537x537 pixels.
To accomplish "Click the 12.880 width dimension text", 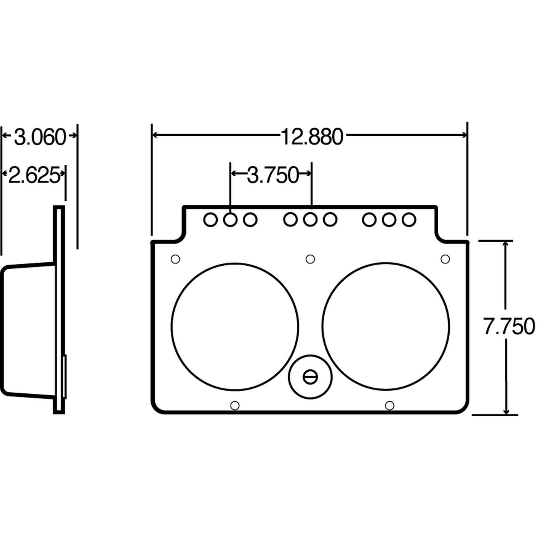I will pos(311,137).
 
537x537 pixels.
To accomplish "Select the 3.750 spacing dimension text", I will pos(272,175).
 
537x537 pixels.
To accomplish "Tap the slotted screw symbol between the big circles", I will pos(310,377).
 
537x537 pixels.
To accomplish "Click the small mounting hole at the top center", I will pos(310,259).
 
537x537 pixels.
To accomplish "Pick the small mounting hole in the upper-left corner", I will pos(175,259).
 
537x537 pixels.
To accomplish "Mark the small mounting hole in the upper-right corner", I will pos(445,259).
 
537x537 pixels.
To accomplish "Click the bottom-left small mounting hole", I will pos(235,405).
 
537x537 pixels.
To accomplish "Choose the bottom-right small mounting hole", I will pos(390,405).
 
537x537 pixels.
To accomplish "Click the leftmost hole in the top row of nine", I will pos(211,219).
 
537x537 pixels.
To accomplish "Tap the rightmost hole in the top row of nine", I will pos(408,219).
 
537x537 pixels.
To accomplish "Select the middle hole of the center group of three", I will pos(310,219).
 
